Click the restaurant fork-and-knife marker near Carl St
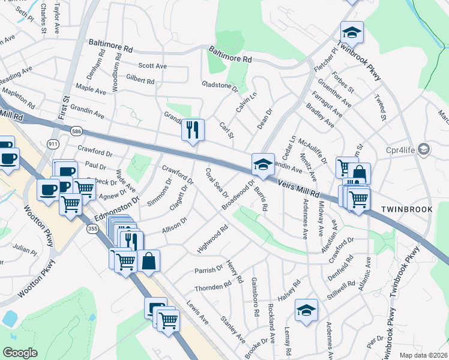point(193,130)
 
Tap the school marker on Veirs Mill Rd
point(262,164)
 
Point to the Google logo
point(20,352)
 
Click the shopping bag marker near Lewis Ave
point(149,261)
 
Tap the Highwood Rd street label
point(214,239)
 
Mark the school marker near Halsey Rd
point(306,310)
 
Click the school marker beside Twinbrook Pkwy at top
point(352,33)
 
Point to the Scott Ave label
point(152,66)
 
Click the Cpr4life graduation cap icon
point(424,148)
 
